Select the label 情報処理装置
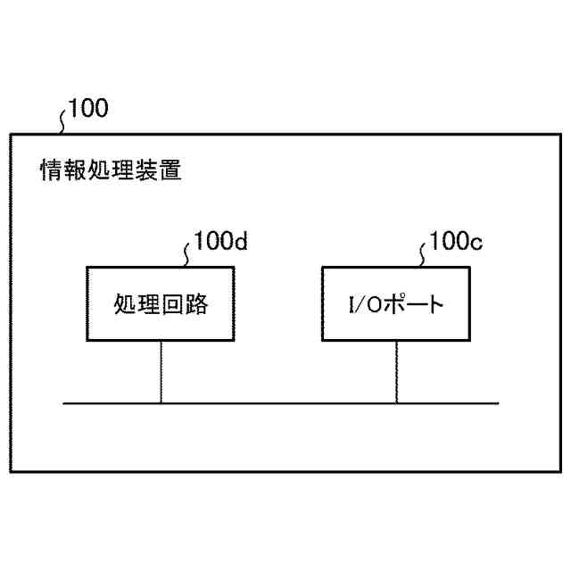point(112,170)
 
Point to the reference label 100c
point(456,242)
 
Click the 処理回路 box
point(161,303)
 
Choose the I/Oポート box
point(396,303)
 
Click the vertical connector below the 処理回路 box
point(161,372)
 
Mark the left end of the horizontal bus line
point(65,404)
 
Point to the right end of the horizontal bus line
point(498,404)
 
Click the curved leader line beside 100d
point(186,253)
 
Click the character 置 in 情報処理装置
point(171,170)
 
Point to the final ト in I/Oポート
point(435,305)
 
